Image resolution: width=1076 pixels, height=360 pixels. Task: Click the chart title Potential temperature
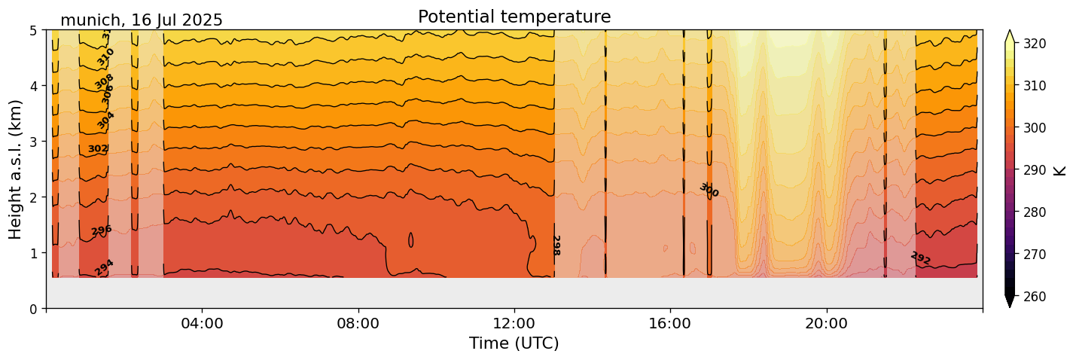(x=514, y=17)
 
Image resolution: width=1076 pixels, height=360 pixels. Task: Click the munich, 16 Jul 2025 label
(x=142, y=20)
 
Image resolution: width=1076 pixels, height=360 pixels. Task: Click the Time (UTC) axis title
(x=514, y=343)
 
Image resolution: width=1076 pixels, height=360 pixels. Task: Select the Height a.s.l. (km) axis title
(x=17, y=169)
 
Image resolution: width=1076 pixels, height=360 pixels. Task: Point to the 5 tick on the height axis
(x=34, y=30)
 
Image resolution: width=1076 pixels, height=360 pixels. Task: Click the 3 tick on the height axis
(x=34, y=142)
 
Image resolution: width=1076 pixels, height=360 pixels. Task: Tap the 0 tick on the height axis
(x=34, y=309)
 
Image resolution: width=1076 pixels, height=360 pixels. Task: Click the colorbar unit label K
(x=1060, y=170)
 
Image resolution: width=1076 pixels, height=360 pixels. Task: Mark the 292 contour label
(x=920, y=258)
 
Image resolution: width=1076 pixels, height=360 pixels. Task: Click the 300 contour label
(x=709, y=191)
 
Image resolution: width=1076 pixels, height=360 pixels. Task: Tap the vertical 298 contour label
(x=556, y=246)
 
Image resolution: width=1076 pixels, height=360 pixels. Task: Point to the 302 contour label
(x=98, y=149)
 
